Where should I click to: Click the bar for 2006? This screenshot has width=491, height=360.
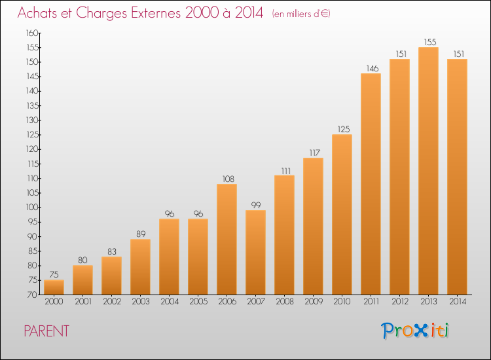(x=227, y=239)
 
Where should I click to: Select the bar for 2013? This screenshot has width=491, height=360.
(x=428, y=171)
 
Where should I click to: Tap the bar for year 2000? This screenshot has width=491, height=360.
(x=54, y=287)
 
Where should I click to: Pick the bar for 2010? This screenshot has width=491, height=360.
(x=342, y=215)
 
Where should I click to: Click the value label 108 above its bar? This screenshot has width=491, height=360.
(x=228, y=179)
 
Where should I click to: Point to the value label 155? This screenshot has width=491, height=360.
(x=430, y=42)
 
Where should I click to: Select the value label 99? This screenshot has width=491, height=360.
(x=256, y=205)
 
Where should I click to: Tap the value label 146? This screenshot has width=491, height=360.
(x=373, y=68)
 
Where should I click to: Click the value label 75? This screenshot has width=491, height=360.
(x=54, y=274)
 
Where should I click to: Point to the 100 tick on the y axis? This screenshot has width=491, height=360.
(x=32, y=207)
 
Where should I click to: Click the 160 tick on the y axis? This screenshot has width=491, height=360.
(x=32, y=33)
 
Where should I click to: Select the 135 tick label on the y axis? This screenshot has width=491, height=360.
(x=32, y=105)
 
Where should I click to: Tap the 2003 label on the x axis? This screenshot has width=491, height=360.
(x=141, y=302)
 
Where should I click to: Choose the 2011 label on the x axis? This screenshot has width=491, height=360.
(x=371, y=302)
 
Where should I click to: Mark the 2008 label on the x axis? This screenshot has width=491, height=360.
(x=285, y=302)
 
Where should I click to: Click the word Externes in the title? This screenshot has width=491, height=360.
(x=156, y=13)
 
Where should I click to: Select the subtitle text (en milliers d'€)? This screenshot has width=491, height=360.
(x=301, y=14)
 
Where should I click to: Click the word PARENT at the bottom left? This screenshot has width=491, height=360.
(x=46, y=331)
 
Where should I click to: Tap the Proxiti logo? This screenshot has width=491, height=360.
(x=415, y=331)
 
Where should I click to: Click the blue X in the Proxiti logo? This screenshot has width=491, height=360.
(x=420, y=331)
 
